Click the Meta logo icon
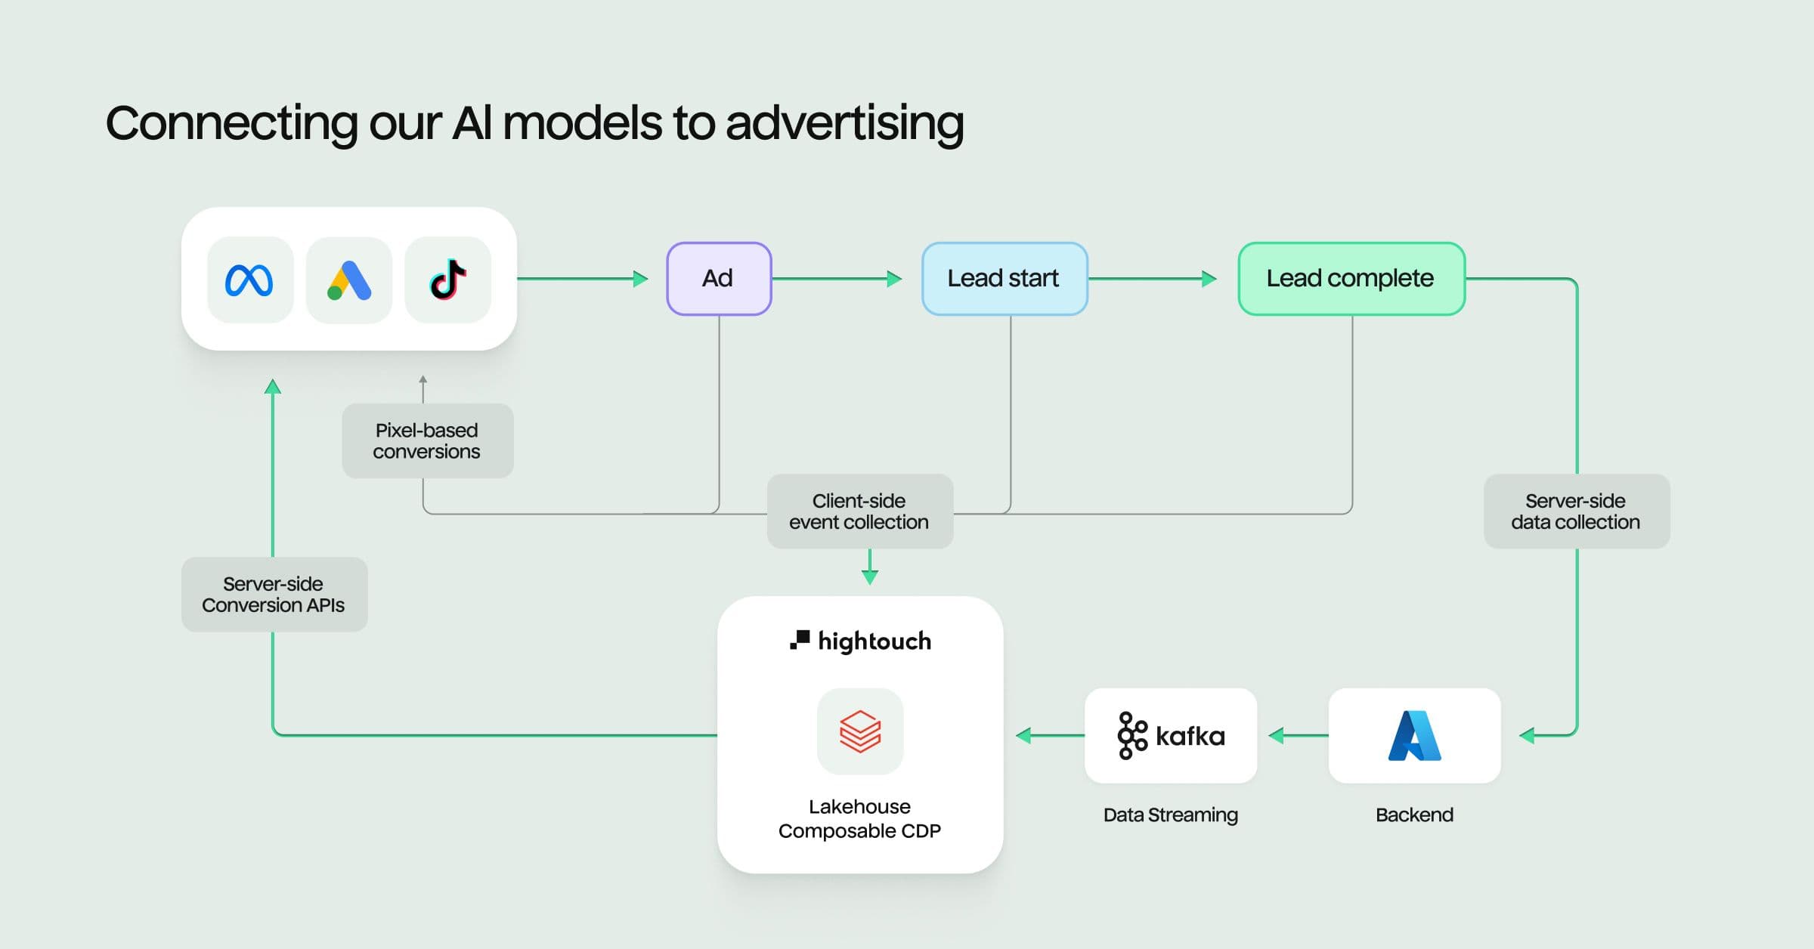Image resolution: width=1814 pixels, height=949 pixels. point(249,280)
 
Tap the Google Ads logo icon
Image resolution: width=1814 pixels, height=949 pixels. point(349,280)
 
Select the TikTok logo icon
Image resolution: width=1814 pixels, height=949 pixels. point(448,280)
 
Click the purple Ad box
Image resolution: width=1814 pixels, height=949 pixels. point(718,279)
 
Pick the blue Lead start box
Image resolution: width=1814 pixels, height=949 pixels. point(1004,279)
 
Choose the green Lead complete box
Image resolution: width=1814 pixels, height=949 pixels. point(1351,279)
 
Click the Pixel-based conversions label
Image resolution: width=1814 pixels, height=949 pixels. point(427,440)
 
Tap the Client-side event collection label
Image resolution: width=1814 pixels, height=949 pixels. point(859,512)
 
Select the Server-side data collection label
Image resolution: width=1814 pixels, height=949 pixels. point(1576,512)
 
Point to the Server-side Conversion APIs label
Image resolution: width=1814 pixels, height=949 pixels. point(274,595)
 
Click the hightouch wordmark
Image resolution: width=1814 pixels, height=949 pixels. point(874,641)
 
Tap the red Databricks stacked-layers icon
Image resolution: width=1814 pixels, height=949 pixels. point(860,731)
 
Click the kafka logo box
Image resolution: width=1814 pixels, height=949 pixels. point(1170,735)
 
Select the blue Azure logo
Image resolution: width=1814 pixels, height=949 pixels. point(1414,735)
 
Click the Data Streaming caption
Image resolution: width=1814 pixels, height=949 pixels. point(1170,815)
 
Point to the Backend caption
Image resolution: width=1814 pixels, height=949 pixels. point(1414,815)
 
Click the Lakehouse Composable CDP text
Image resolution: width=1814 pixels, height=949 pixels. point(859,818)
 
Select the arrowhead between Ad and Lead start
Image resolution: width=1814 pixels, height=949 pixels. point(894,279)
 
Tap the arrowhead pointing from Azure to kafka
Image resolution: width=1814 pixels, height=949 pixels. point(1277,735)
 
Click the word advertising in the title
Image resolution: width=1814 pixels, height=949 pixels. point(844,123)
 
